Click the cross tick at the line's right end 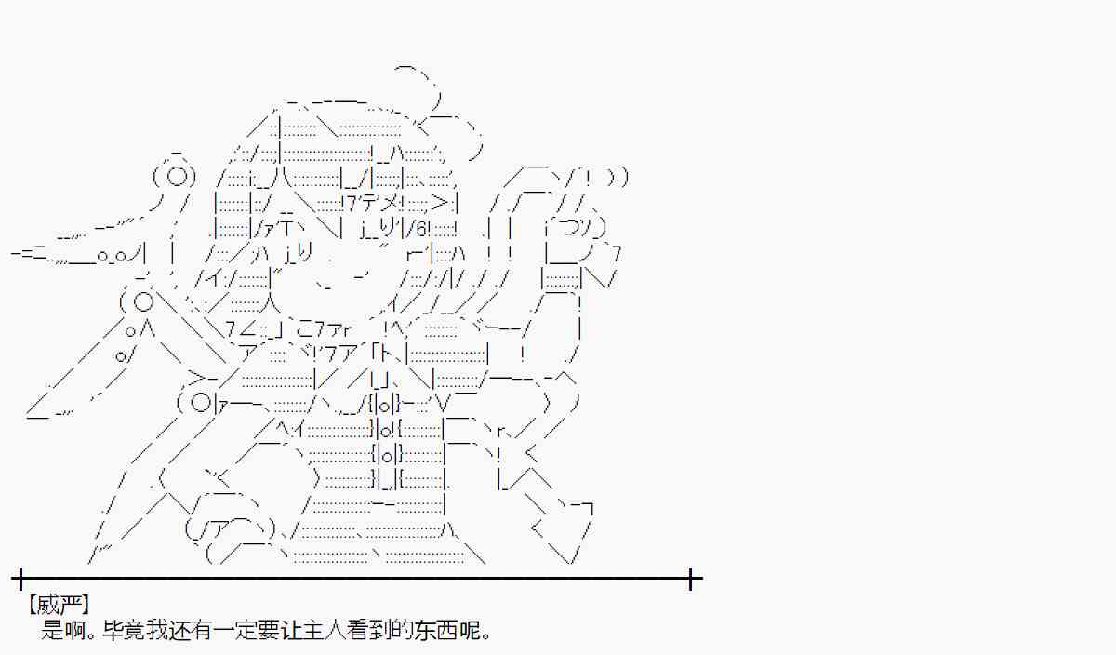692,580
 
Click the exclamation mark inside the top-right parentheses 591,176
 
